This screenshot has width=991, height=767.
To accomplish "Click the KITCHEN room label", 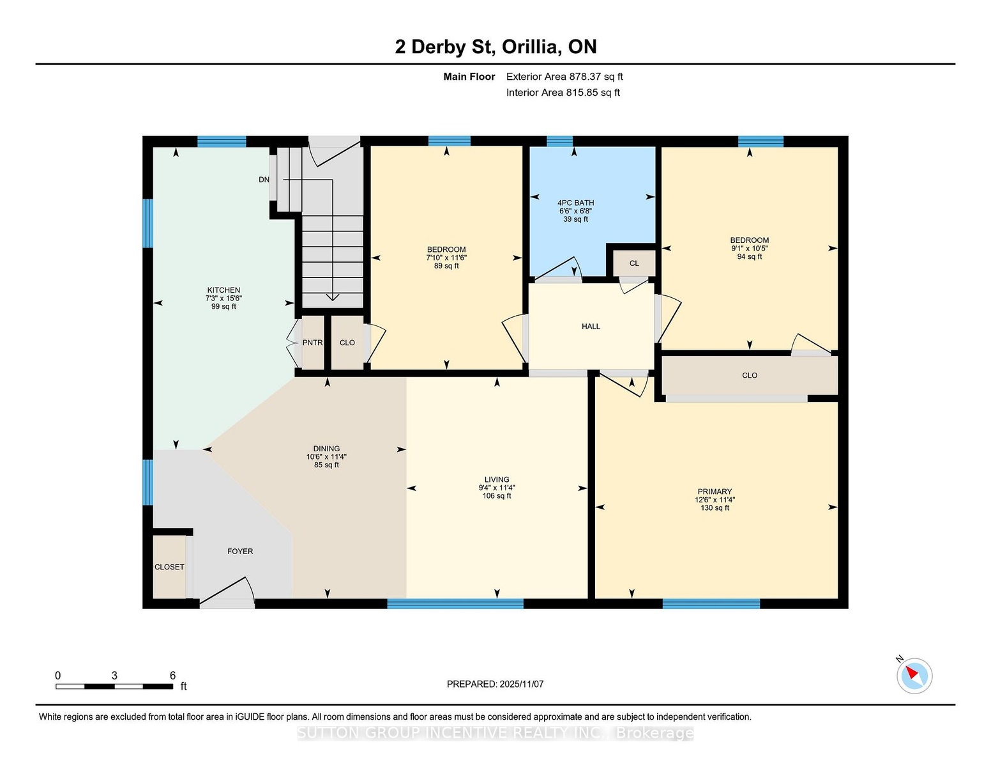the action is pyautogui.click(x=223, y=290).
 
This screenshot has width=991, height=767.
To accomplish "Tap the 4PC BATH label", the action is pyautogui.click(x=575, y=203).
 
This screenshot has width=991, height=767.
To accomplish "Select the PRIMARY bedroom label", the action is pyautogui.click(x=715, y=492).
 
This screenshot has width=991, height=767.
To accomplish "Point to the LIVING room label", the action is pyautogui.click(x=497, y=479).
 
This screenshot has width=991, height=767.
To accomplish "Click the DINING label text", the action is pyautogui.click(x=326, y=449).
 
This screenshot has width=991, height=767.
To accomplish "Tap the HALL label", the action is pyautogui.click(x=591, y=326).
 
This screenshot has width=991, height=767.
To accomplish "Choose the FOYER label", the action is pyautogui.click(x=240, y=551).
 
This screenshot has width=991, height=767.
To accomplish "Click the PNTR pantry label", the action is pyautogui.click(x=312, y=343).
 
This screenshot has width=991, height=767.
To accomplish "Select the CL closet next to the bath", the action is pyautogui.click(x=634, y=263).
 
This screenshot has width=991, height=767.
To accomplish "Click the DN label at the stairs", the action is pyautogui.click(x=264, y=180).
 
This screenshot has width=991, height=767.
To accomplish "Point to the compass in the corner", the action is pyautogui.click(x=914, y=676).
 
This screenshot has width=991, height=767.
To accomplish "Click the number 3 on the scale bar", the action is pyautogui.click(x=114, y=676).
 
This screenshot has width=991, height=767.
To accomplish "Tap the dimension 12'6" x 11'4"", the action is pyautogui.click(x=715, y=500).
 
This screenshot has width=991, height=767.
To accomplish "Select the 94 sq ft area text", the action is pyautogui.click(x=749, y=256).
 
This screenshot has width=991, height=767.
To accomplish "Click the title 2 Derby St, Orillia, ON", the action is pyautogui.click(x=495, y=47).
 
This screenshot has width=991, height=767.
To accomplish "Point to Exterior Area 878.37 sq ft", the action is pyautogui.click(x=564, y=77).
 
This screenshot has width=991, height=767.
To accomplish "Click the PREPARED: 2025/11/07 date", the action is pyautogui.click(x=495, y=684).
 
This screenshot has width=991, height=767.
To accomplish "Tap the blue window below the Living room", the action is pyautogui.click(x=455, y=603).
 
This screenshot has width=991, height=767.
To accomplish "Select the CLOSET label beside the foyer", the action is pyautogui.click(x=169, y=567).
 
